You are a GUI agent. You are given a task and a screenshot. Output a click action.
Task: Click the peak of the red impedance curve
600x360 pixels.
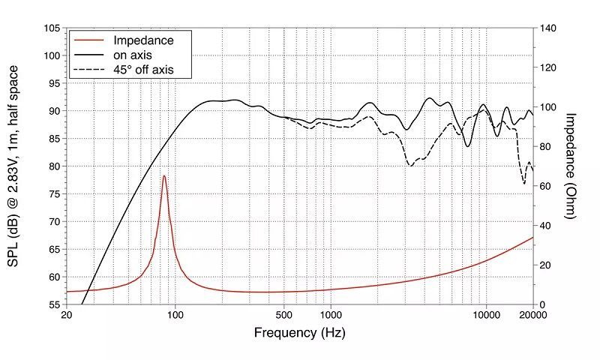pos(164,176)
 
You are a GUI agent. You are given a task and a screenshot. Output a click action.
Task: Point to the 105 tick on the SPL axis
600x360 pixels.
pos(52,28)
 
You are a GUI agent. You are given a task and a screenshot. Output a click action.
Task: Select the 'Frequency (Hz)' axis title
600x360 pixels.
pos(300,331)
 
